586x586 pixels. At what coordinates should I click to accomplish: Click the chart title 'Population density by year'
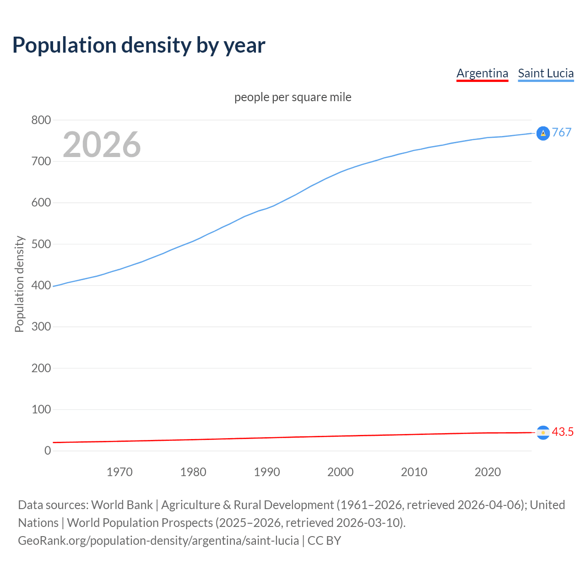click(139, 45)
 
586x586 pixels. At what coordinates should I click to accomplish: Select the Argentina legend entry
click(482, 73)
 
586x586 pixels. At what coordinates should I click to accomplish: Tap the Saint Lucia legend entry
click(546, 73)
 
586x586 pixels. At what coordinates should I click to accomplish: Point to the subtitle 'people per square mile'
click(293, 98)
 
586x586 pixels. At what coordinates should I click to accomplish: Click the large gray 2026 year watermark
click(102, 145)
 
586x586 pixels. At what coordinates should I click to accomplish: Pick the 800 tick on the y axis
click(41, 120)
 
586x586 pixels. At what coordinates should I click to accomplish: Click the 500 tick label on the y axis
click(41, 244)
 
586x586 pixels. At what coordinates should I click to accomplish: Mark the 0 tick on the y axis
click(48, 450)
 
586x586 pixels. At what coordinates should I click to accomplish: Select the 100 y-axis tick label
click(41, 409)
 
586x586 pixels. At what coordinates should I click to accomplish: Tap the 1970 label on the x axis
click(119, 472)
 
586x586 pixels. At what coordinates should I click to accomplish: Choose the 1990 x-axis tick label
click(267, 472)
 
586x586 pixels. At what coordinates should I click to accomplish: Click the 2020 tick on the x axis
click(488, 472)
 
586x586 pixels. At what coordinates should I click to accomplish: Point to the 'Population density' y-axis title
click(19, 284)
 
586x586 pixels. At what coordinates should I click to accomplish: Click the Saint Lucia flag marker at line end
click(543, 133)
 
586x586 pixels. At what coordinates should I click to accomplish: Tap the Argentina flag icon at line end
click(543, 432)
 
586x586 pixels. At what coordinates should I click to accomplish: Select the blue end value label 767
click(562, 132)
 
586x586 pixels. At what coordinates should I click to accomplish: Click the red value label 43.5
click(563, 432)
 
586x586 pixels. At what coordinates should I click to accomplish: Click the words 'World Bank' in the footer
click(122, 505)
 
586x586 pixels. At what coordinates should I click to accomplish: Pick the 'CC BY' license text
click(324, 541)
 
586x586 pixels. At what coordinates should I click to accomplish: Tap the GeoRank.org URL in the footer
click(158, 541)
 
